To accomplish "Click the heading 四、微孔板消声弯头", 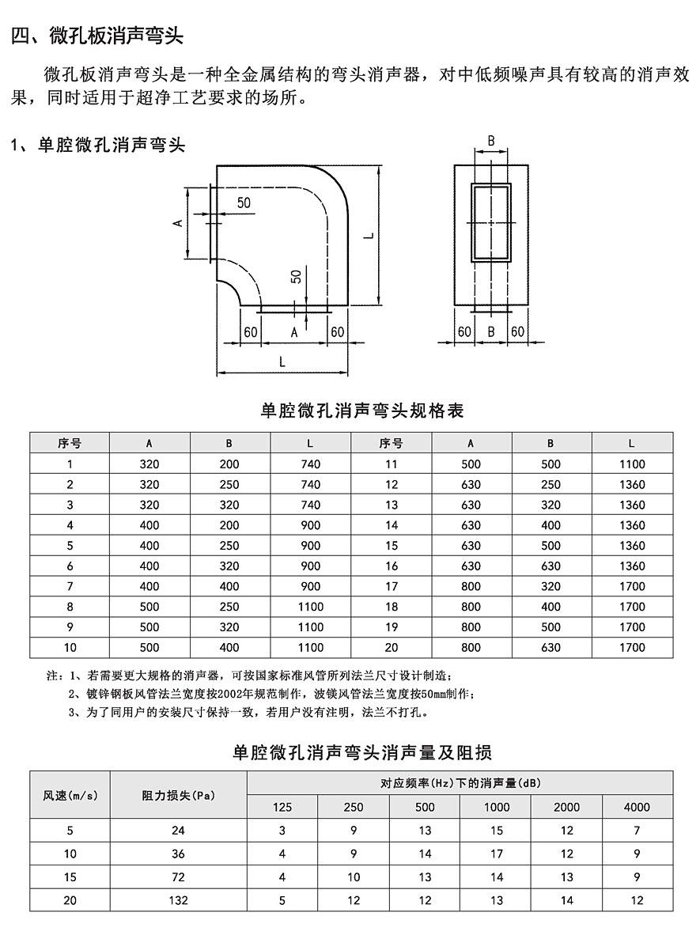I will [x=97, y=36].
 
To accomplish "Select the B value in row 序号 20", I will [x=551, y=648].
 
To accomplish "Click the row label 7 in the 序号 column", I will [x=70, y=586].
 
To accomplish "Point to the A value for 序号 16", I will [x=471, y=566].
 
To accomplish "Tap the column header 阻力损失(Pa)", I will [x=178, y=795].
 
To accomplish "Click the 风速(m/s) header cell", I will [x=70, y=795].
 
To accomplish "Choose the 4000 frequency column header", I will [x=637, y=807].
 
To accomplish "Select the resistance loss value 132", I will [x=178, y=900].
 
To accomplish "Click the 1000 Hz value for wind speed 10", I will [x=496, y=854].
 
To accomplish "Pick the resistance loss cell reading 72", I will [x=178, y=877].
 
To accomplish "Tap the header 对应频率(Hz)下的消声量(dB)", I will [x=460, y=783].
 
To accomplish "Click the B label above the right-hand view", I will [x=490, y=142].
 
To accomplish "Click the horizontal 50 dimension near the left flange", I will [x=243, y=203].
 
